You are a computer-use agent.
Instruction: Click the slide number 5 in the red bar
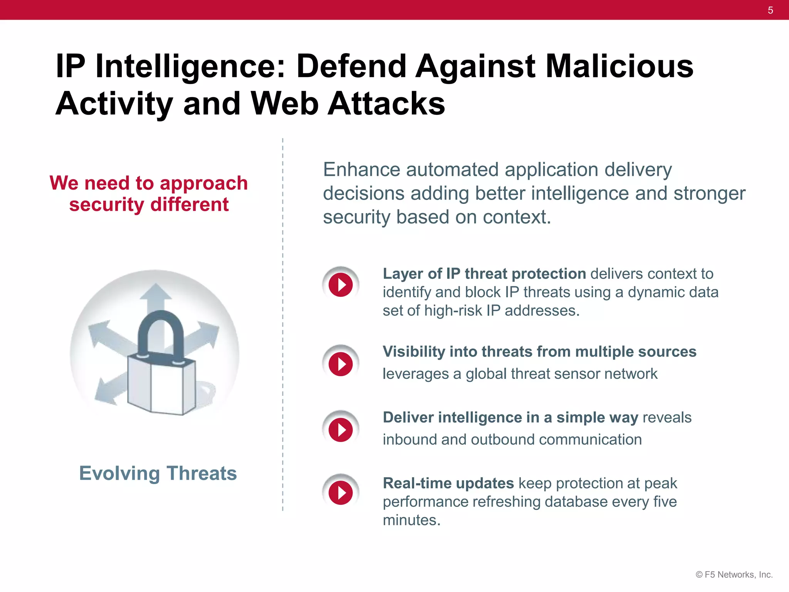770,10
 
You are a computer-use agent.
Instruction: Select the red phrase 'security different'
149,204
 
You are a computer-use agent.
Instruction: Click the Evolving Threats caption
158,473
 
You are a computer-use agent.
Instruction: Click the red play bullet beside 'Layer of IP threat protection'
341,285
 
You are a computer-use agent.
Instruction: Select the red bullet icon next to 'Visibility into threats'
341,363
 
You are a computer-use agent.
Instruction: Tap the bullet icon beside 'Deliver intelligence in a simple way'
341,429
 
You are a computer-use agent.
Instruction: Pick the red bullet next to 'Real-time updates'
341,492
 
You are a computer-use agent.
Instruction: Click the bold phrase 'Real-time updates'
448,483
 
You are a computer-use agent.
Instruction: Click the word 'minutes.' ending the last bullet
411,520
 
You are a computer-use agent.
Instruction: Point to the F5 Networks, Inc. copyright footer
734,575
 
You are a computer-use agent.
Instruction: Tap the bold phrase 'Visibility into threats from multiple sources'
539,351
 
